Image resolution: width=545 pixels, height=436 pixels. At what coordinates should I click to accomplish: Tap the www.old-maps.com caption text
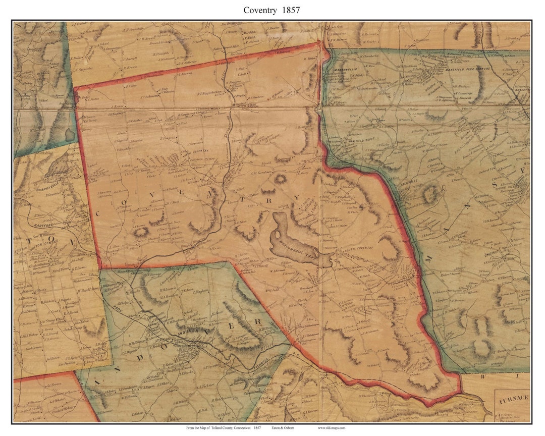tap(331, 428)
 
